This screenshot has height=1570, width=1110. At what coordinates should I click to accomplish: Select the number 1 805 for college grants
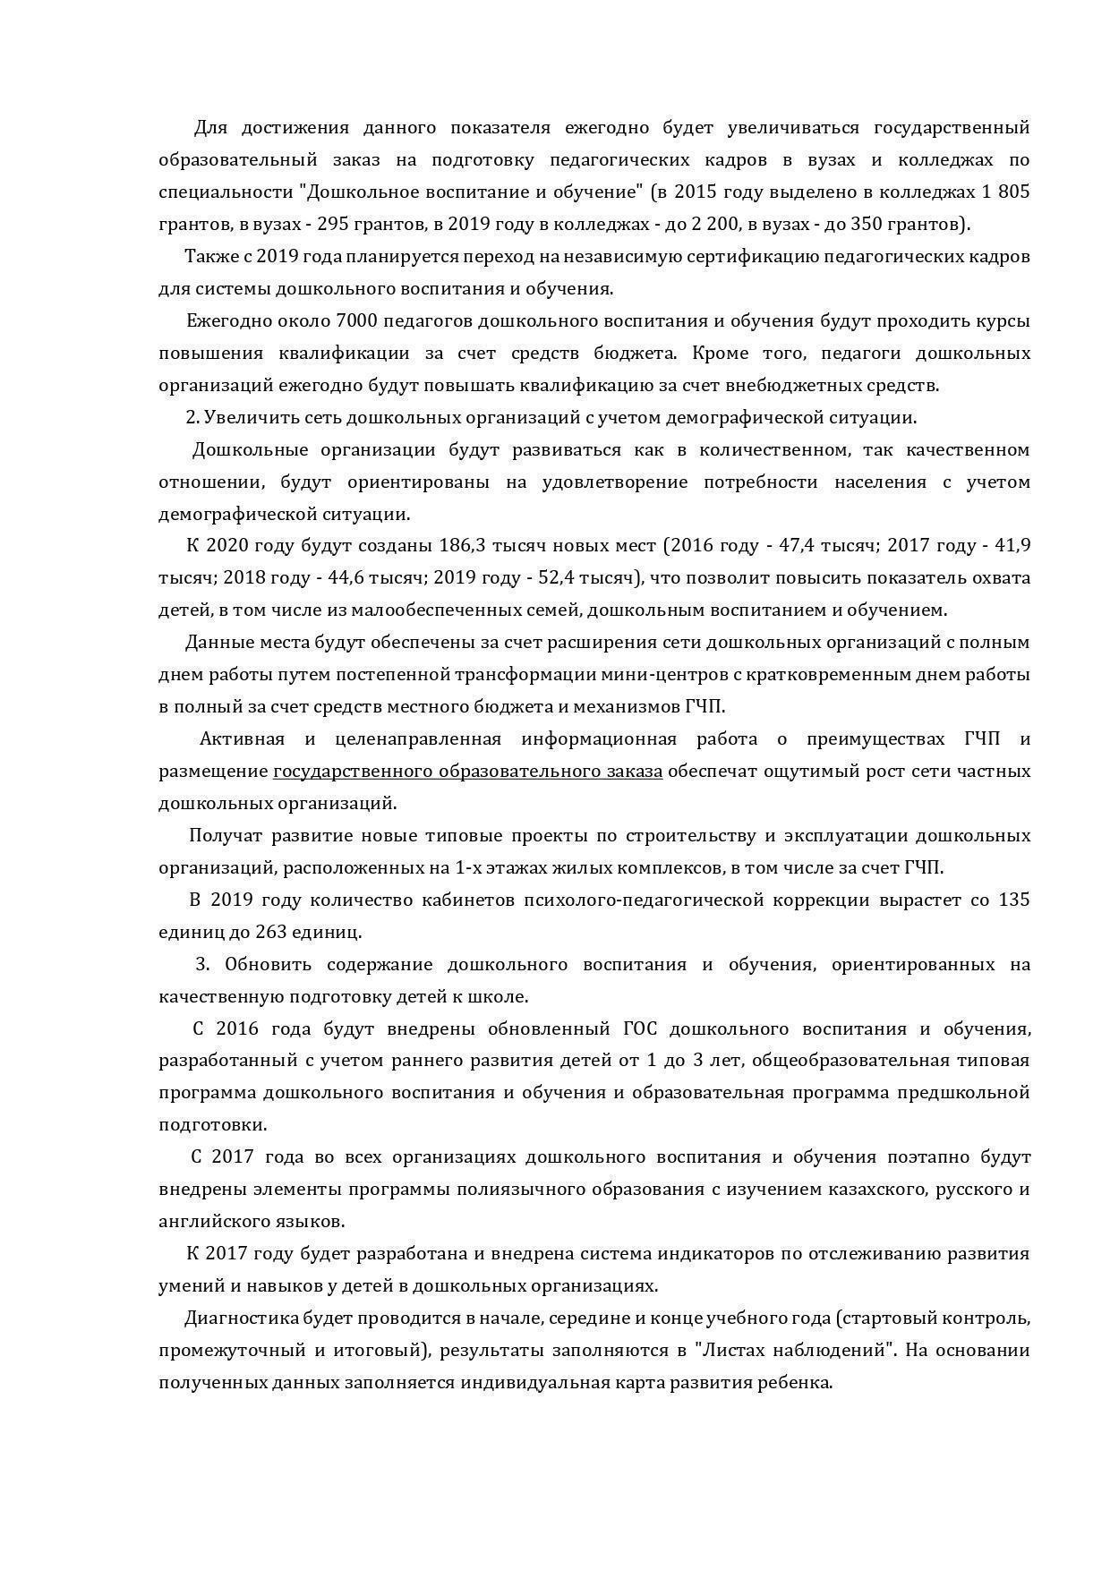(x=1005, y=192)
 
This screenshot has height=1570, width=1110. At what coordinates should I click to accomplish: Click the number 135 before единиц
(x=1013, y=900)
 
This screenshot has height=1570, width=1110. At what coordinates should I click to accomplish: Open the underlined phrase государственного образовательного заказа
(x=467, y=772)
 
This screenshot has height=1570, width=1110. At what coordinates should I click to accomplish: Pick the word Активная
(x=242, y=739)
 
